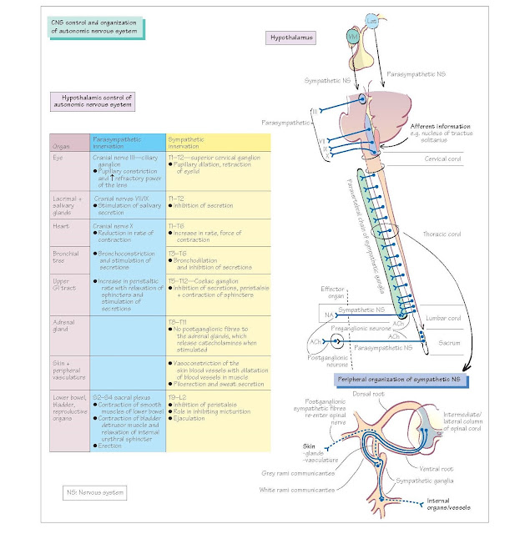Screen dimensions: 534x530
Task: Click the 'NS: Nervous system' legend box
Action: (96, 492)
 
